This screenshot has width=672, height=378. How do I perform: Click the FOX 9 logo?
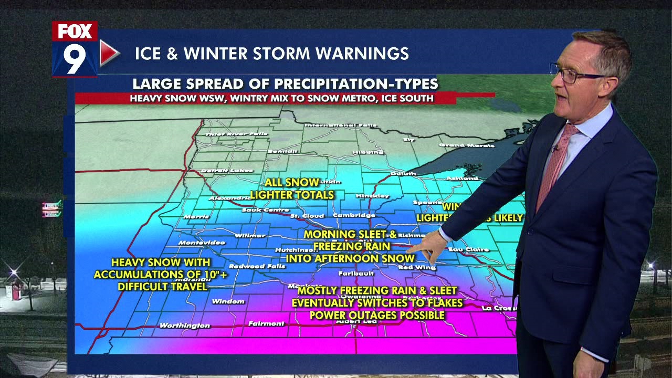[75, 49]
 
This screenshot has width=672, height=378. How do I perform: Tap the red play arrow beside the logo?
[109, 52]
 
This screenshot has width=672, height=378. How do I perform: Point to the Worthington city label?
[184, 325]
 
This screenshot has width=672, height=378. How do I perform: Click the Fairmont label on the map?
[266, 323]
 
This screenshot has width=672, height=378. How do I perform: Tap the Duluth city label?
[403, 173]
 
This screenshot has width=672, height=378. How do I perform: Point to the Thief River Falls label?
[229, 134]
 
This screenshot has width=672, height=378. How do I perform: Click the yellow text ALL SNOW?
[291, 183]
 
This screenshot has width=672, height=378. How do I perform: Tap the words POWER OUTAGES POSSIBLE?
[377, 316]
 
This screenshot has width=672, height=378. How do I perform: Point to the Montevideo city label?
[202, 243]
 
